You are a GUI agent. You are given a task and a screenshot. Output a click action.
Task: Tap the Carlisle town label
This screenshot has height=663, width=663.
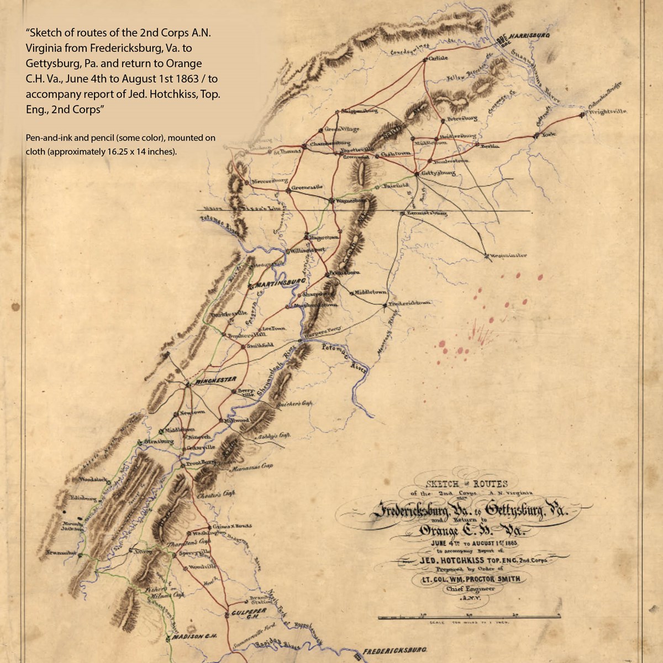[x=438, y=57]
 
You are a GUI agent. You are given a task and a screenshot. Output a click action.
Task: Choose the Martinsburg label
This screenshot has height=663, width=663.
[x=281, y=282]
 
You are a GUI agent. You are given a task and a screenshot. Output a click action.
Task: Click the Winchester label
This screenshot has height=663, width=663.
[x=217, y=380]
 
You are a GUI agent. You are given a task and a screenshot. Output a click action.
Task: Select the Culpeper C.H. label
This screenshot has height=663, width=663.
[x=249, y=612]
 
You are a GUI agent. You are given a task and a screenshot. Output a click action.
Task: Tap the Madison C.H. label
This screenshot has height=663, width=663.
[x=194, y=636]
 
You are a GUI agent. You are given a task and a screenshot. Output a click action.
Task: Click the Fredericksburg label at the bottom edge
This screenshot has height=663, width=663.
[x=396, y=651]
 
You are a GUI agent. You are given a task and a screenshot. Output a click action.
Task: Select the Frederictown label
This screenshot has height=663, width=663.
[x=409, y=303]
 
